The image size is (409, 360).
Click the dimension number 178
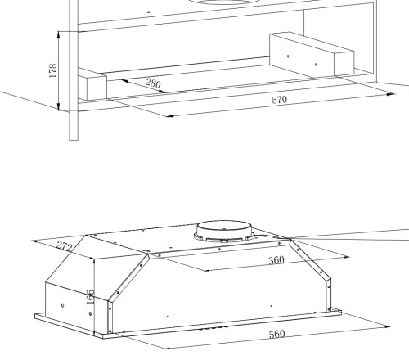[x=52, y=70]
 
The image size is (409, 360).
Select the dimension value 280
[x=153, y=83]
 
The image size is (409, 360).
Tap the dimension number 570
[x=280, y=100]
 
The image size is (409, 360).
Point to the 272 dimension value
[x=65, y=246]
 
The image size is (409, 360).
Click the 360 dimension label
[x=276, y=260]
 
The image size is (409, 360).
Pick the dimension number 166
[x=90, y=297]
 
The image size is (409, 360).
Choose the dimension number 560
[x=276, y=335]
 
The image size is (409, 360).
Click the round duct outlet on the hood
[x=224, y=232]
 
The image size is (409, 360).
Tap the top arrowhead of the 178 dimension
[x=59, y=34]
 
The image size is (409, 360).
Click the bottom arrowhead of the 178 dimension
[x=59, y=107]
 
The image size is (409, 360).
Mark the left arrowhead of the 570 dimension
[x=169, y=116]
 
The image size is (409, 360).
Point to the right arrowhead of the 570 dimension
[x=391, y=94]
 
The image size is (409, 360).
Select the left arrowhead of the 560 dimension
[x=169, y=348]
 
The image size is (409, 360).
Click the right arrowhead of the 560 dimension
[x=387, y=326]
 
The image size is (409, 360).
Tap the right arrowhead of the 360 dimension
[x=346, y=257]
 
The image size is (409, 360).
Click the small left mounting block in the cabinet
[x=92, y=85]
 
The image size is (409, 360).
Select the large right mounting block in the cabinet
[x=312, y=55]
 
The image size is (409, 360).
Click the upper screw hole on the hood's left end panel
[x=63, y=305]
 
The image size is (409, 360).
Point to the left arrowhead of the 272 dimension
[x=35, y=241]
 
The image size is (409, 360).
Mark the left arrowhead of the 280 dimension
[x=124, y=81]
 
